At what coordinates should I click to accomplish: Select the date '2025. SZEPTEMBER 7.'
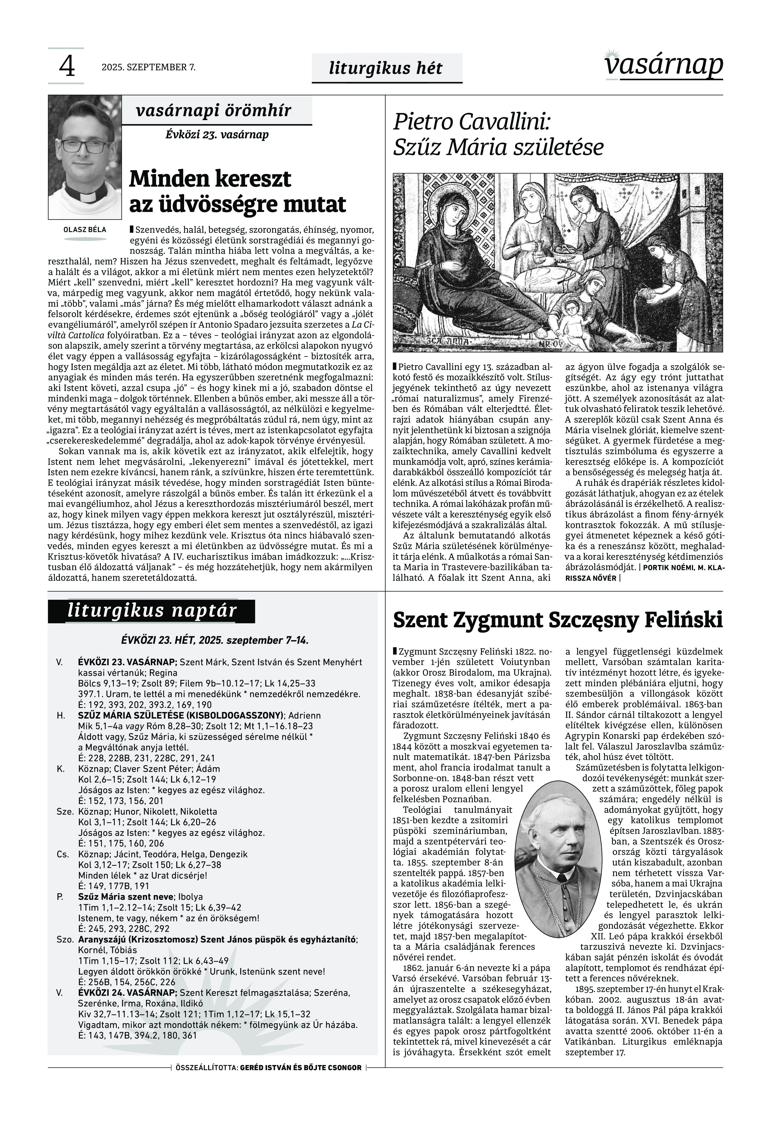(148, 67)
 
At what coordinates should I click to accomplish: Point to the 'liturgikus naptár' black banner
(152, 611)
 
